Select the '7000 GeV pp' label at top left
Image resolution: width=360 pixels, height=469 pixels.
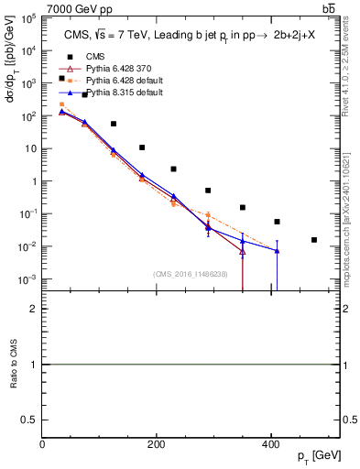point(81,8)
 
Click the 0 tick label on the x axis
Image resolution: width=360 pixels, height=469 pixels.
point(42,444)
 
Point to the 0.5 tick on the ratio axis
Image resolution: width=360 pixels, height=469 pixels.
point(30,419)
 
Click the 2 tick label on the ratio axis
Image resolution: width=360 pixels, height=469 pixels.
point(34,310)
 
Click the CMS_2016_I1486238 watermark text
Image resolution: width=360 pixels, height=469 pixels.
point(191,274)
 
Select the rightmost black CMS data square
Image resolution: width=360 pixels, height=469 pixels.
point(314,240)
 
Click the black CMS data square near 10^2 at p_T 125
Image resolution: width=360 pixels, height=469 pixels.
point(114,124)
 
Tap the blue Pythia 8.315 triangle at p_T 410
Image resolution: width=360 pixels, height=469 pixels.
point(277,251)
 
